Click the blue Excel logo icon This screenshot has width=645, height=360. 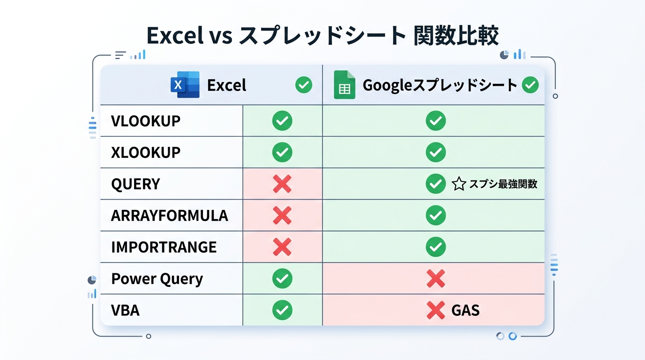(x=185, y=85)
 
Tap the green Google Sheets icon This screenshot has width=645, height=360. (x=345, y=85)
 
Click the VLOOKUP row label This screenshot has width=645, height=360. (x=146, y=121)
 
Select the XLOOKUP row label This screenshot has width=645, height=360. (x=146, y=152)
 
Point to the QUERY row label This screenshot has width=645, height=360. (x=135, y=184)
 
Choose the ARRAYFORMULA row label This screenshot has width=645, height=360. (x=169, y=215)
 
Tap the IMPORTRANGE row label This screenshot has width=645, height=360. (x=164, y=247)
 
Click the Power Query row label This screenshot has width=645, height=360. (x=157, y=279)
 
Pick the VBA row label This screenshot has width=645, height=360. (x=125, y=310)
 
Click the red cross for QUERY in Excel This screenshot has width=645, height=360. (x=282, y=184)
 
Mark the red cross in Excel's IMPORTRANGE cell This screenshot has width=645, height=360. (x=282, y=247)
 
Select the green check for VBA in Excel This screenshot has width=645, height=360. (x=282, y=310)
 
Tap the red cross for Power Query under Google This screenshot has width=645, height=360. (x=435, y=278)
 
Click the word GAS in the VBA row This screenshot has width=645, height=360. (x=465, y=310)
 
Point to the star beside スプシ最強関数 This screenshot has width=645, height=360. (x=458, y=184)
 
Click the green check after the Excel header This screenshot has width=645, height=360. (x=304, y=85)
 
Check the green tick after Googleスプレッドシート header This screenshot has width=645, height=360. (x=530, y=85)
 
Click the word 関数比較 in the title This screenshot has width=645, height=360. (x=456, y=36)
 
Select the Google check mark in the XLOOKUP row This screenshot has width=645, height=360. (x=435, y=152)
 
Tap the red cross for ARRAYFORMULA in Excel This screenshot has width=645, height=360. (x=282, y=215)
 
